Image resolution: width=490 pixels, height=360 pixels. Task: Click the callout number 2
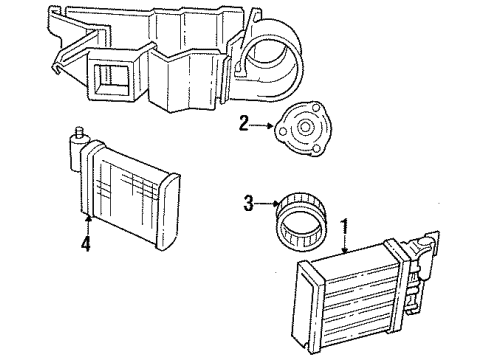pos(242,123)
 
